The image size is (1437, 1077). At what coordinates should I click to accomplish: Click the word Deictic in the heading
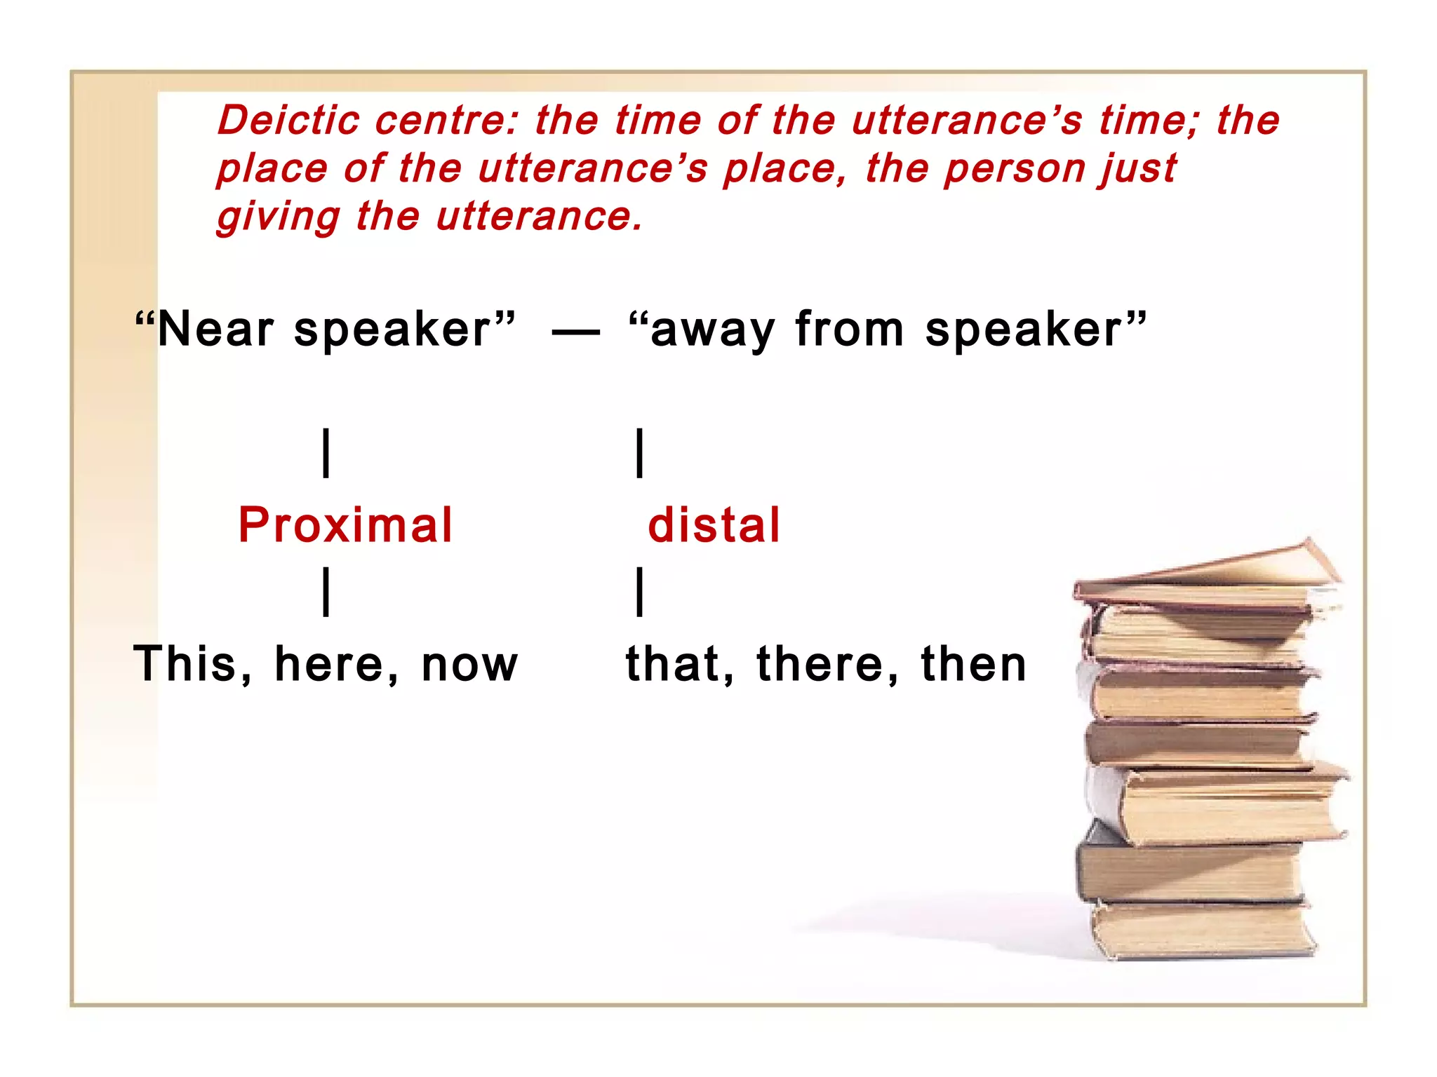(288, 120)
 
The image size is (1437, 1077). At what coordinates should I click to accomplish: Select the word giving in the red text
(278, 217)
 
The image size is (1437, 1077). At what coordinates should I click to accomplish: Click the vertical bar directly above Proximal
(326, 454)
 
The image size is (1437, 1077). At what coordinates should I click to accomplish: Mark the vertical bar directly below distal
(640, 592)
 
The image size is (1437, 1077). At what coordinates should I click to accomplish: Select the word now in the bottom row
(469, 665)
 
